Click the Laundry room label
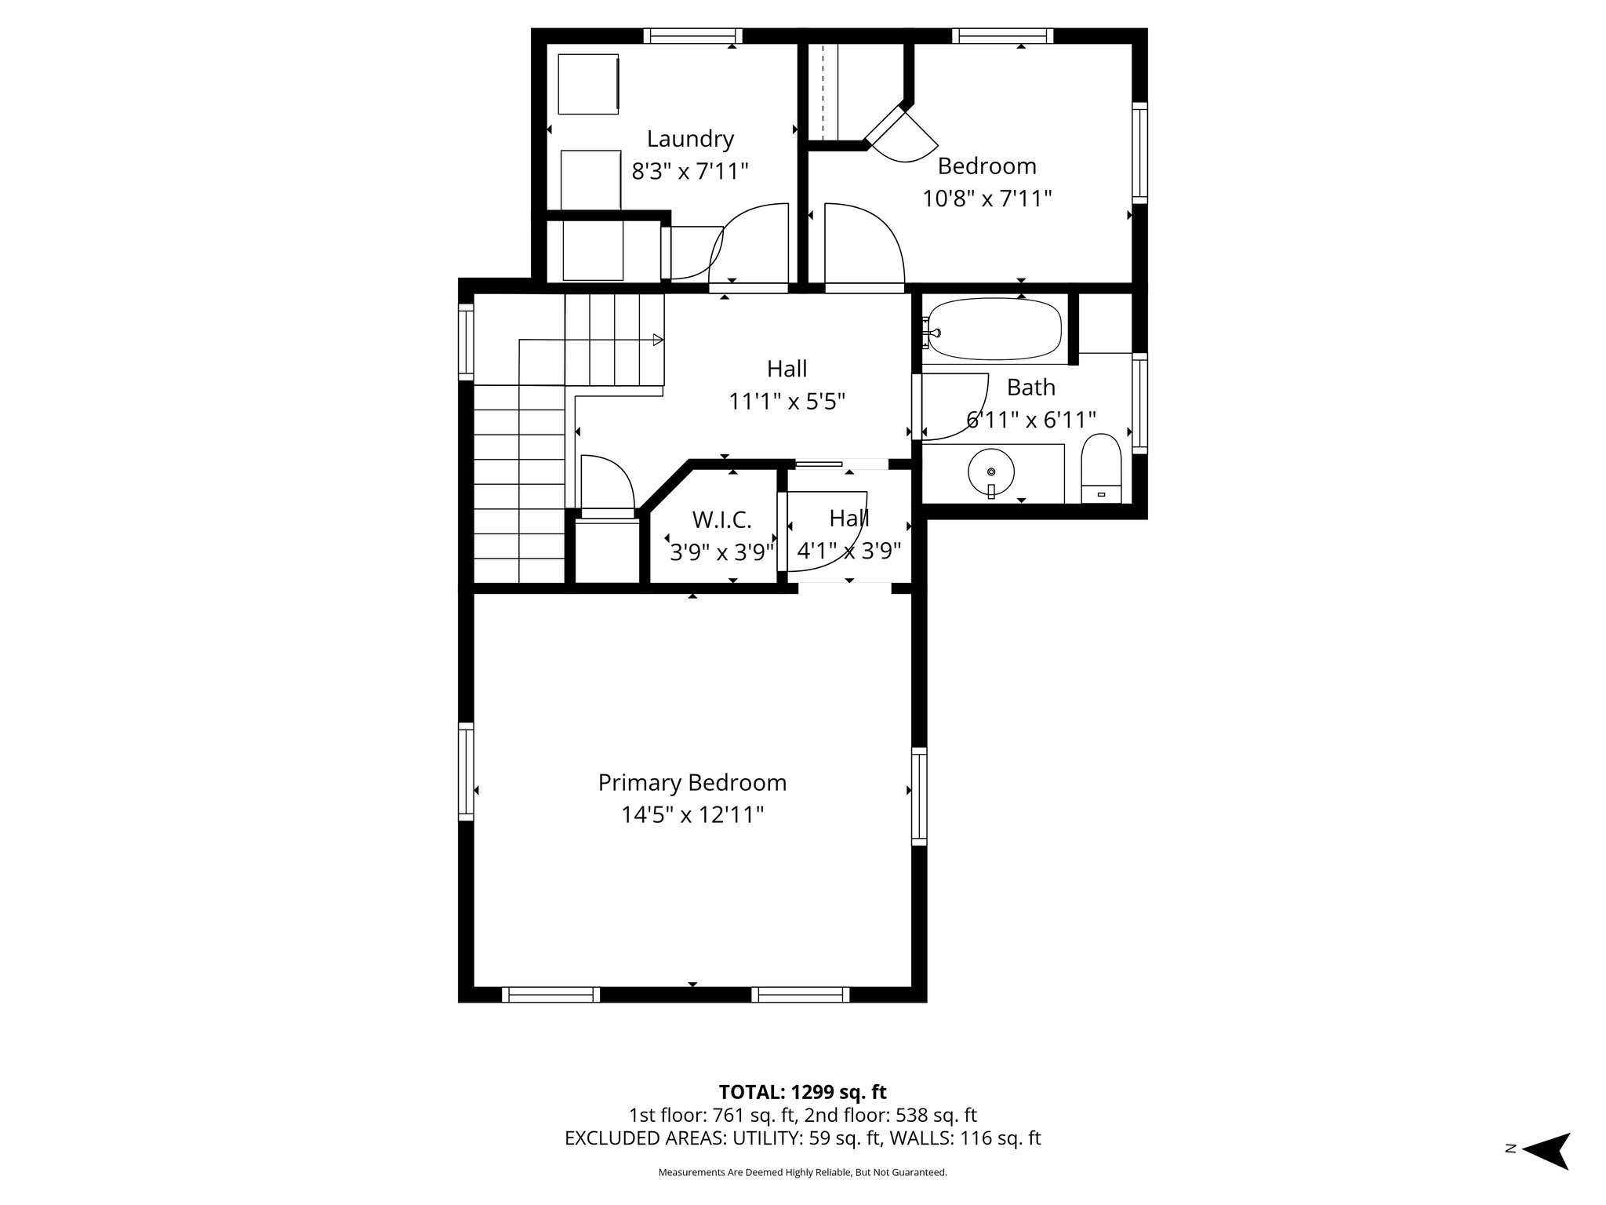pos(690,139)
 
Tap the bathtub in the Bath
pos(994,329)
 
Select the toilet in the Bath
pos(1102,468)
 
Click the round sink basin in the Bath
pos(991,471)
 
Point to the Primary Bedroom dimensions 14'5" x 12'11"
pos(692,815)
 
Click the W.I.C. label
pos(721,519)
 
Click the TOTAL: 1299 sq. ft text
pos(802,1092)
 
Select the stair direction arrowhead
pos(658,340)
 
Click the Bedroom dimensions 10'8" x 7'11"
pos(986,198)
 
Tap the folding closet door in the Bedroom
pos(902,133)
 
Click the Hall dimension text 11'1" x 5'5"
pos(787,402)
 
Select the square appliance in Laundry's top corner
pos(588,83)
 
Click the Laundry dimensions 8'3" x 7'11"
pos(690,171)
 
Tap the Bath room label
pos(1030,388)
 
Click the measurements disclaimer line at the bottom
pos(802,1172)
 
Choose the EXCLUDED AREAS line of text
pos(802,1138)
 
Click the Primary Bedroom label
pos(692,782)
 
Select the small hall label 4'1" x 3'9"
pos(849,551)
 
